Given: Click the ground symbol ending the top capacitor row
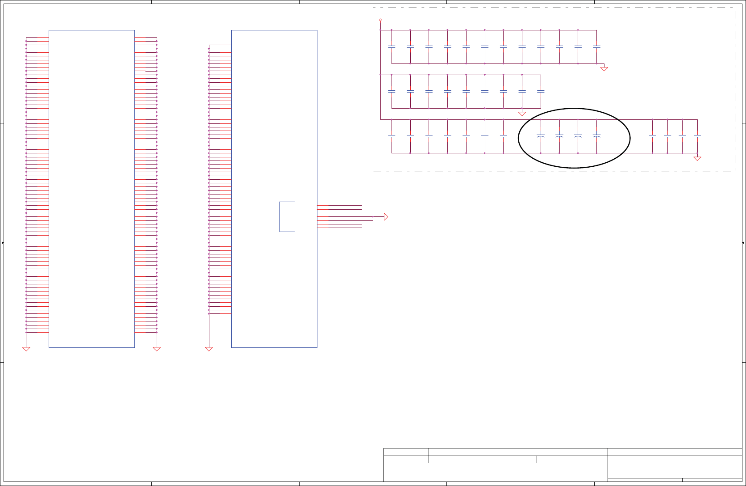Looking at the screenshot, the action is pyautogui.click(x=604, y=69).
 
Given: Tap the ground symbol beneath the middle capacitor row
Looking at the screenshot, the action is pyautogui.click(x=522, y=114).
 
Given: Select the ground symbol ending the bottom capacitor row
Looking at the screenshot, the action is pyautogui.click(x=697, y=158).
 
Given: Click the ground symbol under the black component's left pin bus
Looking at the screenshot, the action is pyautogui.click(x=26, y=349).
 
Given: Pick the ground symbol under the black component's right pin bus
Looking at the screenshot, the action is pyautogui.click(x=157, y=349).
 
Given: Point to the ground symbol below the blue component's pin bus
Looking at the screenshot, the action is pyautogui.click(x=209, y=349).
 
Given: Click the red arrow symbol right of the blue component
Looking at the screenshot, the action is pyautogui.click(x=386, y=217).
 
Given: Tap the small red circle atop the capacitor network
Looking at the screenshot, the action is pyautogui.click(x=380, y=20).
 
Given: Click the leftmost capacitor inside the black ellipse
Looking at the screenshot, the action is pyautogui.click(x=541, y=136).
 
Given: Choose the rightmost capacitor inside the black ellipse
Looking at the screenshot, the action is pyautogui.click(x=596, y=136).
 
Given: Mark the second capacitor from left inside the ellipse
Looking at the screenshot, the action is pyautogui.click(x=559, y=136).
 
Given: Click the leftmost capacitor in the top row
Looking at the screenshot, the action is pyautogui.click(x=392, y=46).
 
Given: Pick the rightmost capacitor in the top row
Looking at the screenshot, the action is pyautogui.click(x=596, y=46).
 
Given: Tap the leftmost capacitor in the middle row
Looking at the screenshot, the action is pyautogui.click(x=392, y=91).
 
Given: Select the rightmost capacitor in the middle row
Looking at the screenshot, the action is pyautogui.click(x=541, y=91).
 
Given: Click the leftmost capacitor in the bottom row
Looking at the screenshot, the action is pyautogui.click(x=392, y=136).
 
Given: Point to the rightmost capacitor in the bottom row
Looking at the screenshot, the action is pyautogui.click(x=697, y=136).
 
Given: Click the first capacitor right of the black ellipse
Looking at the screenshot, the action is pyautogui.click(x=653, y=136).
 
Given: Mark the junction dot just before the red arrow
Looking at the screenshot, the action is pyautogui.click(x=373, y=217).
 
